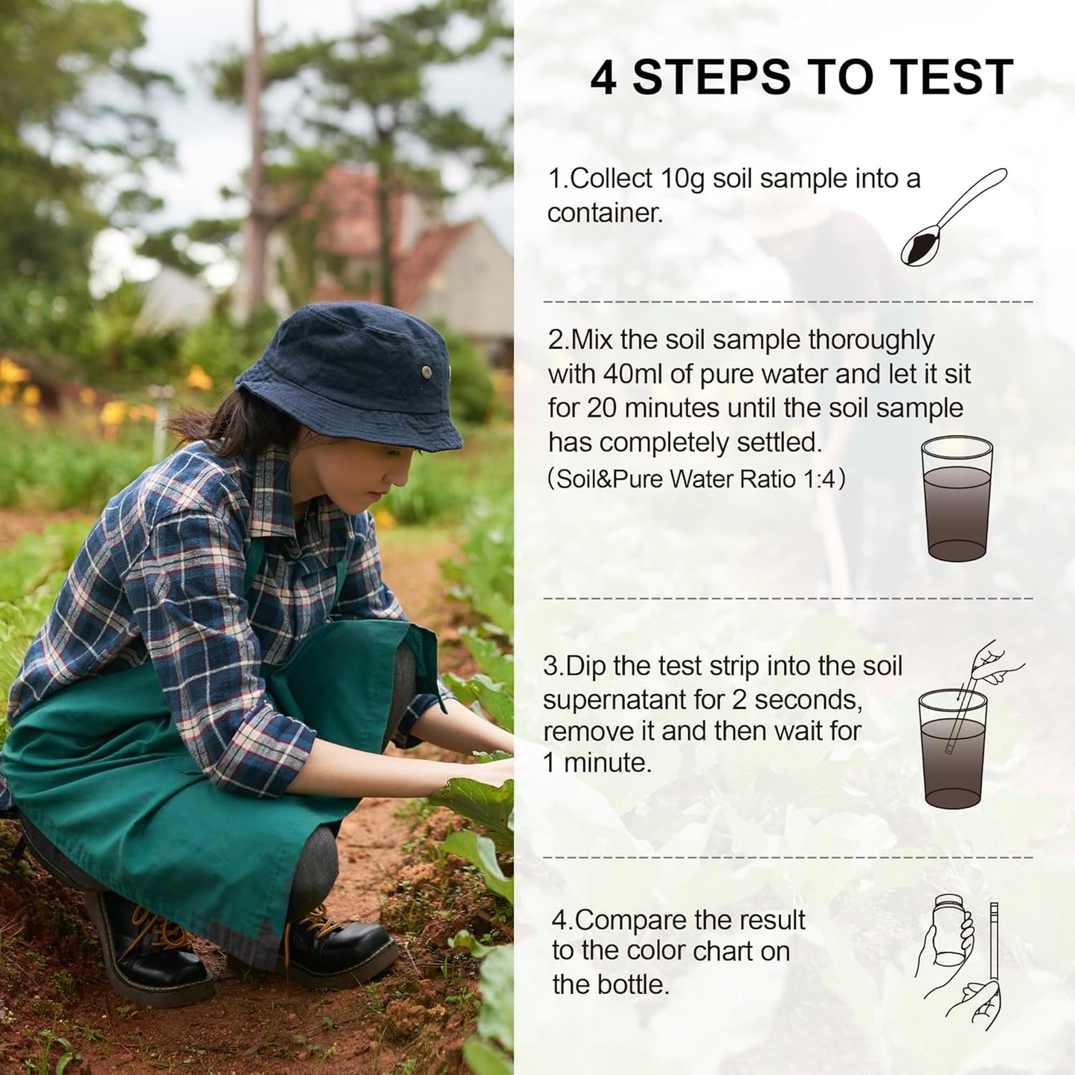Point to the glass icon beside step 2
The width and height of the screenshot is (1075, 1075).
pos(957,498)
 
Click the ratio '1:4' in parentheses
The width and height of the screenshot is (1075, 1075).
pos(818,479)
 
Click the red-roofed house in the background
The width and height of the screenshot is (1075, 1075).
pos(402,246)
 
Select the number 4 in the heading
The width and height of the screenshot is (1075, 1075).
pos(603,77)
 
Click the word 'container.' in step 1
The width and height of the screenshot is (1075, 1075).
pos(604,214)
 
